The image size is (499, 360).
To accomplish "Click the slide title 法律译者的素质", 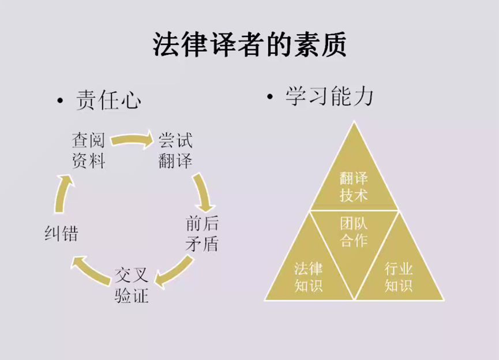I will click(x=249, y=44).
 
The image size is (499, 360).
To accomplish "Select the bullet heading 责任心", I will click(x=108, y=100).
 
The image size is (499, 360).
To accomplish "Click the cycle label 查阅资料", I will click(x=88, y=150).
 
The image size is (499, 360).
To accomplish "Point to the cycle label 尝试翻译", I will click(x=175, y=150).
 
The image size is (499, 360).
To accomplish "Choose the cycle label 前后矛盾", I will click(x=202, y=233).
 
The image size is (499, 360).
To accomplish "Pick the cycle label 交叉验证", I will click(x=132, y=285).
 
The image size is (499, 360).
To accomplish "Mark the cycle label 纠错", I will click(x=61, y=233).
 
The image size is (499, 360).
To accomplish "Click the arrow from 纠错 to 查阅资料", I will click(x=63, y=194).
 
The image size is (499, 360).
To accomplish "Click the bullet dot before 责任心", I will click(x=59, y=102).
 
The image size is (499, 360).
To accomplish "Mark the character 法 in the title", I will click(x=165, y=44).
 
